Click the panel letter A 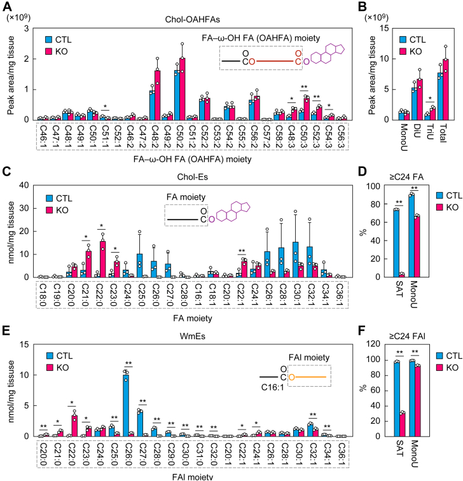(x=7, y=6)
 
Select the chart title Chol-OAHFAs (x=193, y=19)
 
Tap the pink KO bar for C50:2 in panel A (x=182, y=89)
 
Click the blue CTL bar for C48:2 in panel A (x=152, y=105)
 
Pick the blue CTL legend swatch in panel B (x=403, y=39)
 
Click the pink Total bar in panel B (x=446, y=90)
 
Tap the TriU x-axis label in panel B (x=430, y=131)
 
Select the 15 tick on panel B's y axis (x=385, y=28)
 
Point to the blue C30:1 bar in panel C (x=295, y=260)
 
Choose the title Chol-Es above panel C (x=193, y=177)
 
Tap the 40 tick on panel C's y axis (x=24, y=185)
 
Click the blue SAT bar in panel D (x=396, y=243)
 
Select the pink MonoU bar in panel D (x=417, y=247)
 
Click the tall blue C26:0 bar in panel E (x=126, y=405)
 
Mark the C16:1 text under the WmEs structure (x=273, y=387)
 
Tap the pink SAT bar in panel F (x=402, y=424)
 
